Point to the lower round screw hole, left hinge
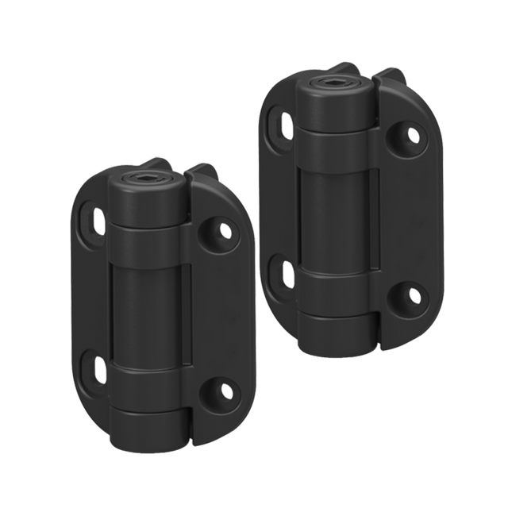[x=225, y=390]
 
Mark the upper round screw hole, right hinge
[x=412, y=136]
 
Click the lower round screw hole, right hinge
[x=412, y=296]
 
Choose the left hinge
[x=159, y=310]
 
